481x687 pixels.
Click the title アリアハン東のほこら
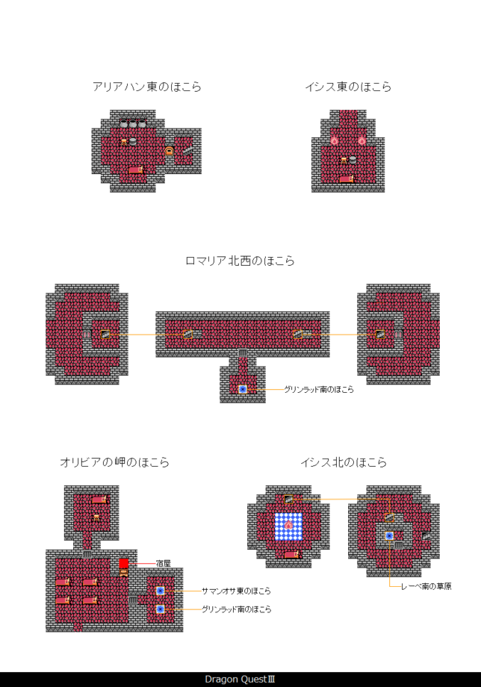coord(147,87)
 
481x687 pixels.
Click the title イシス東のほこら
coord(348,87)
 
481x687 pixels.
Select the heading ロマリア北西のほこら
coord(240,261)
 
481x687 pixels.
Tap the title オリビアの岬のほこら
coord(114,462)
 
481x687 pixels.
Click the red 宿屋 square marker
coord(124,563)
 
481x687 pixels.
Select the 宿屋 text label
coord(164,562)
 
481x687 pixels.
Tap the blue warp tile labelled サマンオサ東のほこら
coord(160,591)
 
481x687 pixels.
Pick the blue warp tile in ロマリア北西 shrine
coord(243,389)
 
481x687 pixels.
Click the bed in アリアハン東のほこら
coord(136,170)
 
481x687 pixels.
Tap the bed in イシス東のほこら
coord(347,178)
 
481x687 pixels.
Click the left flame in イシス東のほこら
coord(335,140)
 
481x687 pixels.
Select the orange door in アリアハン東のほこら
coord(170,152)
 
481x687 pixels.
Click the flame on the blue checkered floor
coord(288,526)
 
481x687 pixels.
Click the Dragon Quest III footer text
coord(241,680)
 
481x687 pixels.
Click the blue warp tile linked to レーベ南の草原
coord(389,535)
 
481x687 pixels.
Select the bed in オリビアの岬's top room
coord(99,499)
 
